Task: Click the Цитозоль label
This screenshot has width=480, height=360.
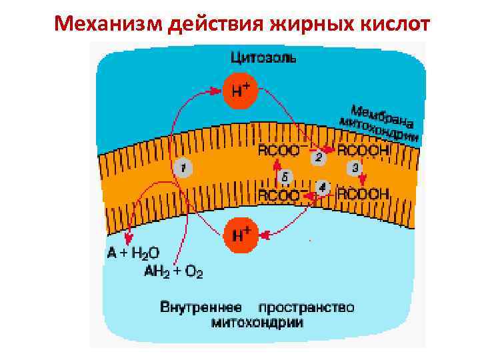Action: point(264,57)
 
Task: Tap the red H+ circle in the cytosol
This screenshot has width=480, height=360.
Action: point(241,90)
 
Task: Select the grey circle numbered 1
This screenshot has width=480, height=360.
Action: point(183,167)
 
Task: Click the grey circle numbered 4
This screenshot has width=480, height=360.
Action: point(323,188)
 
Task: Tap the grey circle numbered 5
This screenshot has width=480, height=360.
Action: point(285,177)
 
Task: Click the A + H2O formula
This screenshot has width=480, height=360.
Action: point(133,253)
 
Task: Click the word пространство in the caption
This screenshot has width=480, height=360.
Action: point(306,309)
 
